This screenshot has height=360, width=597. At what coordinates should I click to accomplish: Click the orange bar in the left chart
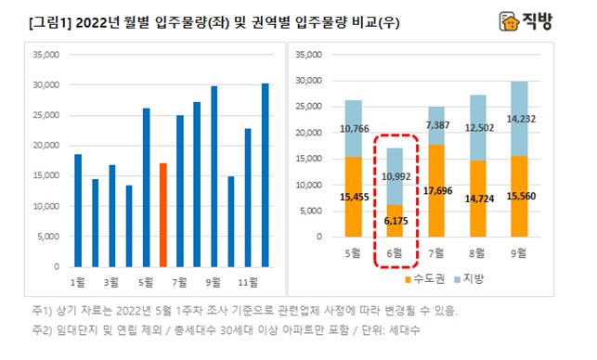[162, 214]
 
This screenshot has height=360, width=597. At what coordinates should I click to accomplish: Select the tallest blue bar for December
[266, 174]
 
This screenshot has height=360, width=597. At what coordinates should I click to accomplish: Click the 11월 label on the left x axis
[248, 279]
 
